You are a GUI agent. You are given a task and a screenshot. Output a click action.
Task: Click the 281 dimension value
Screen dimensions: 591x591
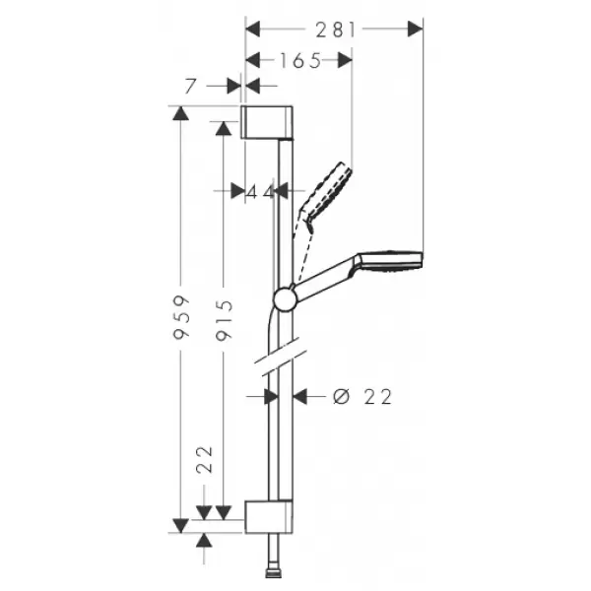[335, 30]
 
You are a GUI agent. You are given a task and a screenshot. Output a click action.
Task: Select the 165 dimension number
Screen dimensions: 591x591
[300, 60]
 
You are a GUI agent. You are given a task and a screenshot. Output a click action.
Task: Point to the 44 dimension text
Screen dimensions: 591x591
[260, 191]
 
